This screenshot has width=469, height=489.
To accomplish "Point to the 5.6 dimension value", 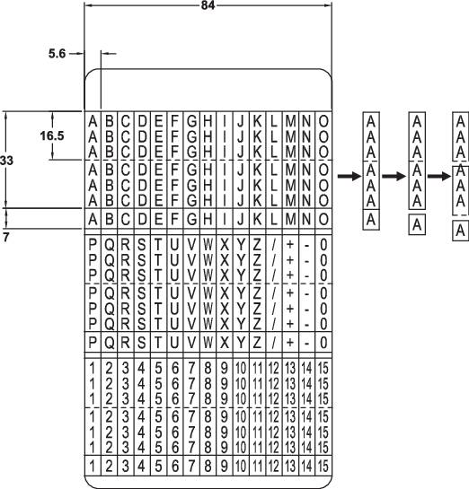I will (x=58, y=54).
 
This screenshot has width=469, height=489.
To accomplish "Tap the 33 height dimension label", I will (x=9, y=158).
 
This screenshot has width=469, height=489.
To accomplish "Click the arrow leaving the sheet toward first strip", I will (x=346, y=178).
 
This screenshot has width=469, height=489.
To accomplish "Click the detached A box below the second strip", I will (x=416, y=227).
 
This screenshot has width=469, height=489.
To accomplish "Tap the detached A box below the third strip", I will (x=460, y=231).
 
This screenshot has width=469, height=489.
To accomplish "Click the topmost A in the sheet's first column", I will (x=93, y=119).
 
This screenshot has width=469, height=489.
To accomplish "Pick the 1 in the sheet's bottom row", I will (x=93, y=466).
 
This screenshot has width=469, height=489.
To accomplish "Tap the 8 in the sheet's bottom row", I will (x=208, y=466).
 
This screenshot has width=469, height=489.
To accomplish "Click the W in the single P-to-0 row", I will (x=208, y=341).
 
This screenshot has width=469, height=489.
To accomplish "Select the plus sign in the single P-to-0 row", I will (x=290, y=341).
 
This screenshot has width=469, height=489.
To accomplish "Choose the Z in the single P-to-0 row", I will (x=258, y=341).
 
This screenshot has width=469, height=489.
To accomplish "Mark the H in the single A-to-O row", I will (x=208, y=218).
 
